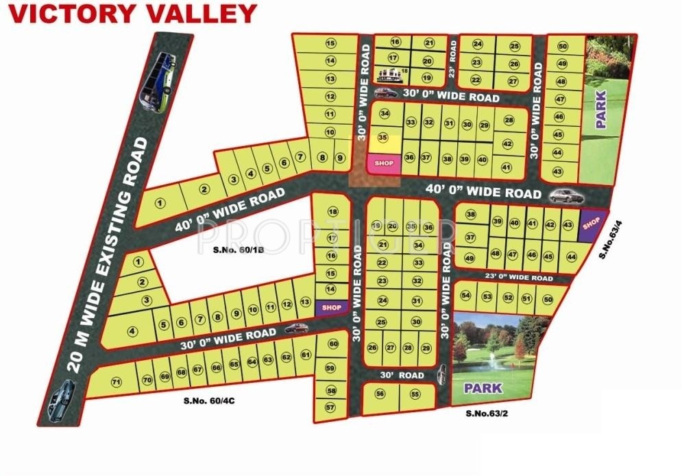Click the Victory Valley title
tap(132, 13)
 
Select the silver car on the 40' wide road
tap(567, 196)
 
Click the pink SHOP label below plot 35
tap(384, 163)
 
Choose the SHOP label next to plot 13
tap(331, 308)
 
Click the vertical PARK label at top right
tap(601, 109)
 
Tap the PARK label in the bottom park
tap(483, 388)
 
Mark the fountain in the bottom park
tap(491, 359)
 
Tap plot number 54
tap(466, 297)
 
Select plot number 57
tap(331, 408)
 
